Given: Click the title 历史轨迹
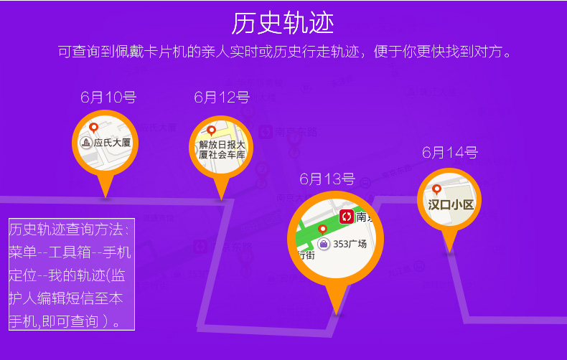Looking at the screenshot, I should click(x=283, y=23).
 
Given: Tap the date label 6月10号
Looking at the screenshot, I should click(x=108, y=98).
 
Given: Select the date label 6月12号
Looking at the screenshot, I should click(x=221, y=98).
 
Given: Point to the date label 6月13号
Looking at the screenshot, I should click(x=327, y=179).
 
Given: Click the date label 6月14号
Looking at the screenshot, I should click(x=449, y=152).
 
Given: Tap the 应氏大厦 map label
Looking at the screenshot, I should click(x=112, y=143).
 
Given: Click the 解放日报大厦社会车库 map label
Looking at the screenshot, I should click(x=222, y=149).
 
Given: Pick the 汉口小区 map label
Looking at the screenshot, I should click(x=451, y=204).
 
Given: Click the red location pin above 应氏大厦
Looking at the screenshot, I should click(x=93, y=128).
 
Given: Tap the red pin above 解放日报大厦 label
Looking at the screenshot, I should click(x=211, y=131).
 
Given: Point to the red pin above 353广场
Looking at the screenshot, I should click(x=323, y=229).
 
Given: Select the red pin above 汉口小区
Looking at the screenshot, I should click(x=436, y=190).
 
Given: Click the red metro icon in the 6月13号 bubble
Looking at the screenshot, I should click(x=347, y=216).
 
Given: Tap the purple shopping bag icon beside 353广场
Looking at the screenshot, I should click(x=324, y=245).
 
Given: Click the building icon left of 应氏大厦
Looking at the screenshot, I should click(x=86, y=143).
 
